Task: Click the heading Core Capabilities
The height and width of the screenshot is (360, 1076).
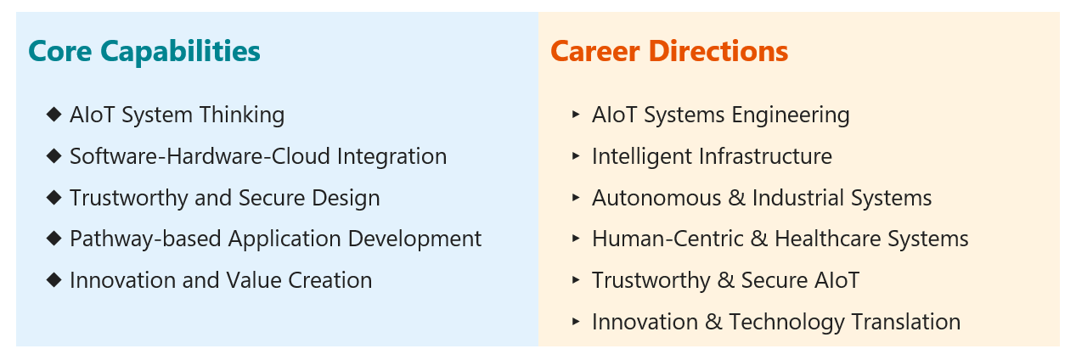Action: pos(144,52)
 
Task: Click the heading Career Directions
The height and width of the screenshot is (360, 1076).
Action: pos(669,51)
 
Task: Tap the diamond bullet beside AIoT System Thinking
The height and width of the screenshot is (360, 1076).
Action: pos(54,115)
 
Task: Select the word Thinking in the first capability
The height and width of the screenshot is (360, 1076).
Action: pos(242,115)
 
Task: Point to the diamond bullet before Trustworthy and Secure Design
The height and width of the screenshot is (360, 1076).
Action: pos(54,197)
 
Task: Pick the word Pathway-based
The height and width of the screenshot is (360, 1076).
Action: pos(145,239)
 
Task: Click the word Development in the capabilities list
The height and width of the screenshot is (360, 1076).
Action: pos(414,239)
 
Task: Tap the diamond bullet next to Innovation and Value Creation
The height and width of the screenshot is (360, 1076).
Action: pos(54,280)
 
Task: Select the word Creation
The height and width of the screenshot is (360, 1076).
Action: pos(330,280)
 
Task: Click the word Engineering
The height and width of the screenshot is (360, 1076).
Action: pos(791,115)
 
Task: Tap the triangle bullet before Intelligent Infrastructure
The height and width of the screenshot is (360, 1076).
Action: pos(576,156)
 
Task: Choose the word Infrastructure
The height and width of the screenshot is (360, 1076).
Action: pos(766,156)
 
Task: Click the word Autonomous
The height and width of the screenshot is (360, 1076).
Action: pos(656,198)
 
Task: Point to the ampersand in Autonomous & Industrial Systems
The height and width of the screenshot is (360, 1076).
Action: pos(737,198)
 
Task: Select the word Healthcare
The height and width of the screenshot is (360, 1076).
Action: pos(828,239)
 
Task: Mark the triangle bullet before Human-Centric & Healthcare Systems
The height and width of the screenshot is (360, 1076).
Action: pos(576,239)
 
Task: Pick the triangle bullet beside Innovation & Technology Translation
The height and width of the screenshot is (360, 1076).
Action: pos(576,322)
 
